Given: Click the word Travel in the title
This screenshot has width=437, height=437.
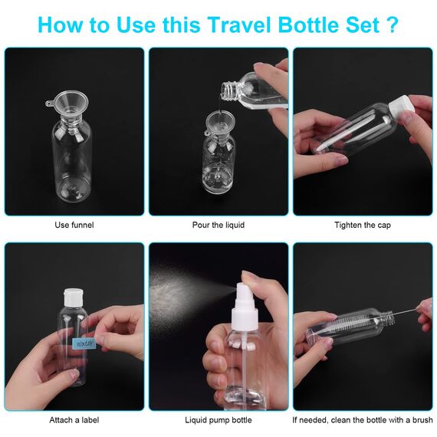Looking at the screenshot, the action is [239, 25].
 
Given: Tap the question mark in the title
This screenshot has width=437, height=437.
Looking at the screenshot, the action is [392, 25].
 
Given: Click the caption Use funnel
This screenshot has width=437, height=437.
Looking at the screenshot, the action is [74, 225].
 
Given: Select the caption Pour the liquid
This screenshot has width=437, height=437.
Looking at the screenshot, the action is [219, 225].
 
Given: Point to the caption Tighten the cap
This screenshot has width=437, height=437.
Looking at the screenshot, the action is [363, 225].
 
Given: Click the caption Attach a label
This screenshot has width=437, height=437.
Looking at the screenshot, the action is [74, 420].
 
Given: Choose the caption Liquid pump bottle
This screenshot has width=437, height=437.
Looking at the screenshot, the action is [219, 420].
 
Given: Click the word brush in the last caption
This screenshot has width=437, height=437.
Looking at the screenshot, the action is [422, 420].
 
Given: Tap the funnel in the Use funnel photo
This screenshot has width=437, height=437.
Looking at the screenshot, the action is [70, 107].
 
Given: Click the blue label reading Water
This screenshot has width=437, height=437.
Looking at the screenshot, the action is [84, 343].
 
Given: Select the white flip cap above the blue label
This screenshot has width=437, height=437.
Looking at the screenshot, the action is [74, 297].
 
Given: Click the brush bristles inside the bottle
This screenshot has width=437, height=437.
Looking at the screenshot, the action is [354, 325].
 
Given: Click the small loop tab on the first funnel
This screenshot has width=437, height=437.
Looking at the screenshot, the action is [49, 103].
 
